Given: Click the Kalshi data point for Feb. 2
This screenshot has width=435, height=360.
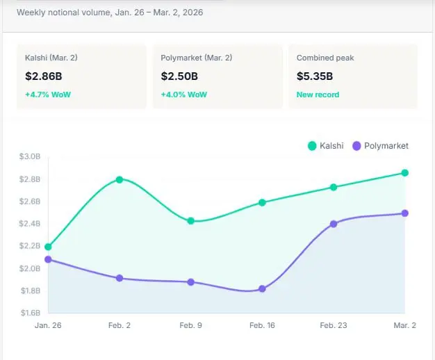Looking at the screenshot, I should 120,179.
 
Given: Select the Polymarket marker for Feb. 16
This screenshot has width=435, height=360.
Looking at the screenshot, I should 262,288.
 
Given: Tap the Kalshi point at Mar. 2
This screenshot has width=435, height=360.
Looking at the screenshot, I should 405,172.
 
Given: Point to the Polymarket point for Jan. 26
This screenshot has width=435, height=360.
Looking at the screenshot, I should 48,259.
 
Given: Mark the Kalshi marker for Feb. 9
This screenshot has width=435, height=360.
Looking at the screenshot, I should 191,221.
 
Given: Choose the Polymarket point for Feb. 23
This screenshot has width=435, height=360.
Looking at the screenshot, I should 334,224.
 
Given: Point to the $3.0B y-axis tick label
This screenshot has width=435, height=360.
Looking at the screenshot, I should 30,157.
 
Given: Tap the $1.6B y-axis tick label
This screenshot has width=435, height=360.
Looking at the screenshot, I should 30,313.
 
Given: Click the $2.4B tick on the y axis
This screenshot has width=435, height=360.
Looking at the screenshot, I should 30,224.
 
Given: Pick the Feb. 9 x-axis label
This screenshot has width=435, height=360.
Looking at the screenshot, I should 191,325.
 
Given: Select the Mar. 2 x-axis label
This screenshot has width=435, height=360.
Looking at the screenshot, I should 405,325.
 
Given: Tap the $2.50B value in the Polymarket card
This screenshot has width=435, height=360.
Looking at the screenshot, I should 179,76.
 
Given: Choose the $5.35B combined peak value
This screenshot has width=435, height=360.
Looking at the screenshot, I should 314,76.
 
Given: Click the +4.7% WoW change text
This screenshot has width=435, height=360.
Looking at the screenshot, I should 48,94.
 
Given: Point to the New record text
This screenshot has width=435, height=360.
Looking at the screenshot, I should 318,94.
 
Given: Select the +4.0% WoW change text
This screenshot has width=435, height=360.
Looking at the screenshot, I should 183,94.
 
